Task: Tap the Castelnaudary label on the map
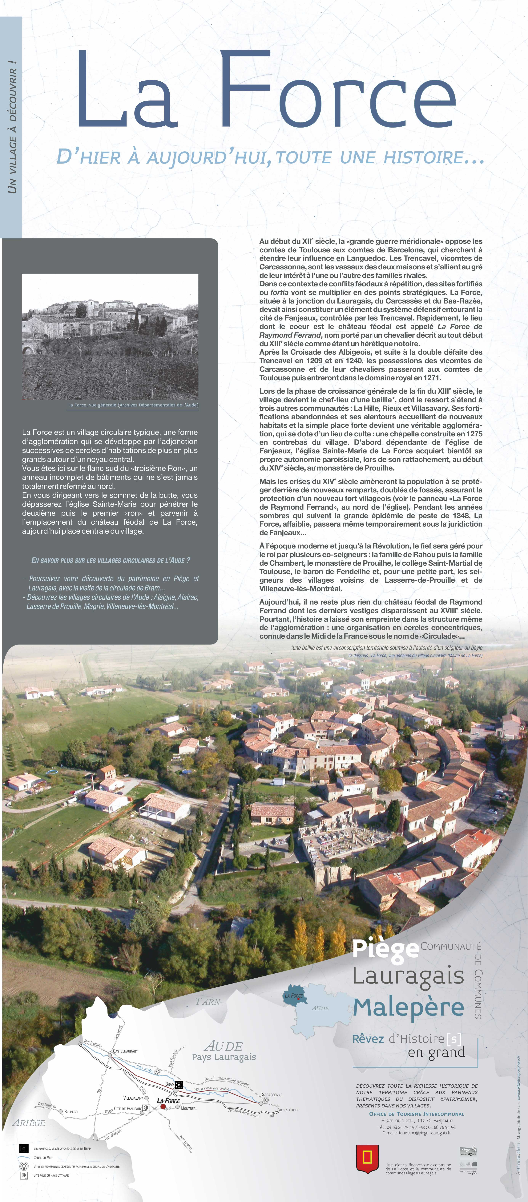125,1051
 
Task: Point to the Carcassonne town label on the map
271,1094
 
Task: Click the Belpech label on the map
71,1111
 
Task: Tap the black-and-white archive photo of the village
110,336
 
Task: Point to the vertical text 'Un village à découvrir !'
12,126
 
